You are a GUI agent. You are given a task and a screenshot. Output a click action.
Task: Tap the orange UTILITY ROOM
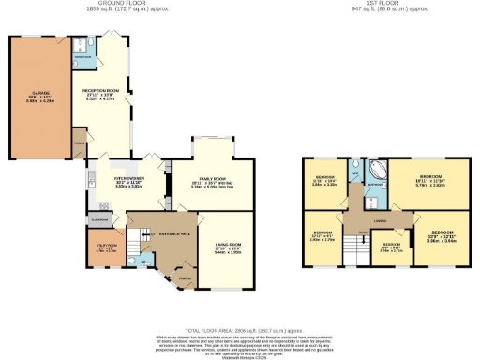pos(105,249)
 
